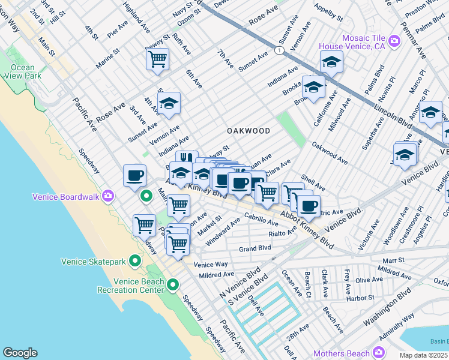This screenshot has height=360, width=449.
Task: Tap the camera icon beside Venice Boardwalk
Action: (x=108, y=196)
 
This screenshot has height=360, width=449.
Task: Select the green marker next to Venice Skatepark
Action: (x=135, y=261)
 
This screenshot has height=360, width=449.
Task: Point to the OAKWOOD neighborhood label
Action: (x=248, y=130)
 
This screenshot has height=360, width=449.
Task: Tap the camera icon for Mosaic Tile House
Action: (x=394, y=41)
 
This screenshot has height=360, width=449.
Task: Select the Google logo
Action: (x=20, y=352)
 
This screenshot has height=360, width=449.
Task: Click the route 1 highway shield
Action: (x=279, y=52)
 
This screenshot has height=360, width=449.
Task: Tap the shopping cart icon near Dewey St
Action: (x=157, y=59)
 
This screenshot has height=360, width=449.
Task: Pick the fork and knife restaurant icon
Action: (x=187, y=160)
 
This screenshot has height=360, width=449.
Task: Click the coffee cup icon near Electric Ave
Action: (x=309, y=206)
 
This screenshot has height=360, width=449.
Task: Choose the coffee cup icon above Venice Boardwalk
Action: (x=134, y=175)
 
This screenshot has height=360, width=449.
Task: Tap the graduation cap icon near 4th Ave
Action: (x=169, y=103)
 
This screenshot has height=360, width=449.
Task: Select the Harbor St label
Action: (x=360, y=297)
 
